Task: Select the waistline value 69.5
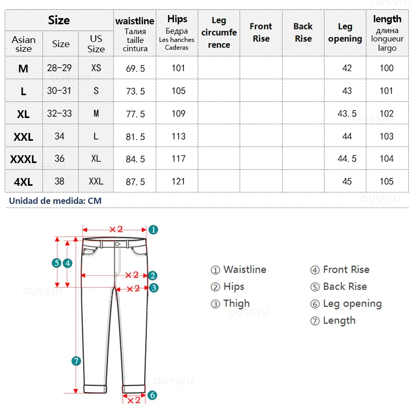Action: (136, 68)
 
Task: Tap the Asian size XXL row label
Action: (23, 137)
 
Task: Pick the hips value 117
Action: (178, 159)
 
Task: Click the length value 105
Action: (387, 181)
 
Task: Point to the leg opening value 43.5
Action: (347, 114)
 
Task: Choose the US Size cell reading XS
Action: (96, 68)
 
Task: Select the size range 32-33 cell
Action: (60, 114)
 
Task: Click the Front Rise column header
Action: (261, 32)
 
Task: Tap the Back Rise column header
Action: (303, 32)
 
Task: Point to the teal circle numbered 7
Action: (77, 361)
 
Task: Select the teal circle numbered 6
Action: (152, 395)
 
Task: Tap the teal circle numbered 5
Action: (56, 263)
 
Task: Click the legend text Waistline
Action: (244, 270)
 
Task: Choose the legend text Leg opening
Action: (352, 304)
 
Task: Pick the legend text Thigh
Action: (236, 304)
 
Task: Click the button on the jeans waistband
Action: (117, 244)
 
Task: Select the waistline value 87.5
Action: (136, 182)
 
